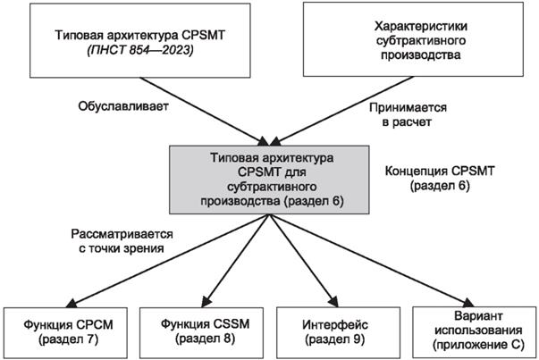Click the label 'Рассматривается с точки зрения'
122,242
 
